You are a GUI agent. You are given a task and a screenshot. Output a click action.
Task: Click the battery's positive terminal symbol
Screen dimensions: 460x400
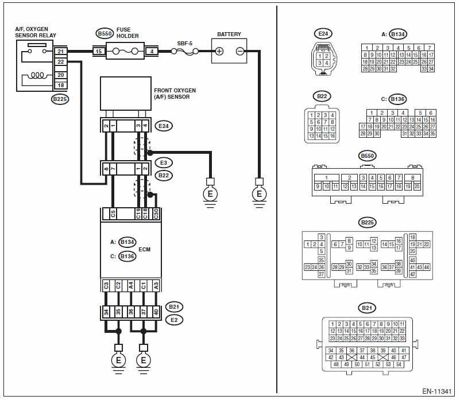(x=219, y=51)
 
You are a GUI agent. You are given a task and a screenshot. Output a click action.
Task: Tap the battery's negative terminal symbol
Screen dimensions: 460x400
(x=240, y=51)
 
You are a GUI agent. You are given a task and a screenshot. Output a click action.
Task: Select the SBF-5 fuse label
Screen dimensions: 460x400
(x=185, y=44)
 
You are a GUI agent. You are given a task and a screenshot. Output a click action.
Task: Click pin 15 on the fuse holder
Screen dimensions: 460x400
(x=99, y=51)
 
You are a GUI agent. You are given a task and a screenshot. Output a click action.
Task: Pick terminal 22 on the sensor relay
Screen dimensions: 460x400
(x=61, y=62)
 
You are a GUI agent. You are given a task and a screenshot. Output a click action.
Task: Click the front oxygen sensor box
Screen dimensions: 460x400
(x=126, y=94)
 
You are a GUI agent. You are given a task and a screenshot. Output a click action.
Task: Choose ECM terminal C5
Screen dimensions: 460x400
(x=113, y=214)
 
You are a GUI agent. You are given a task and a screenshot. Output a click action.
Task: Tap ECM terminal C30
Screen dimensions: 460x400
(x=156, y=214)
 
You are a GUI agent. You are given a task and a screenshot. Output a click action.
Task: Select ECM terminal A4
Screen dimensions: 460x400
(x=131, y=285)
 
